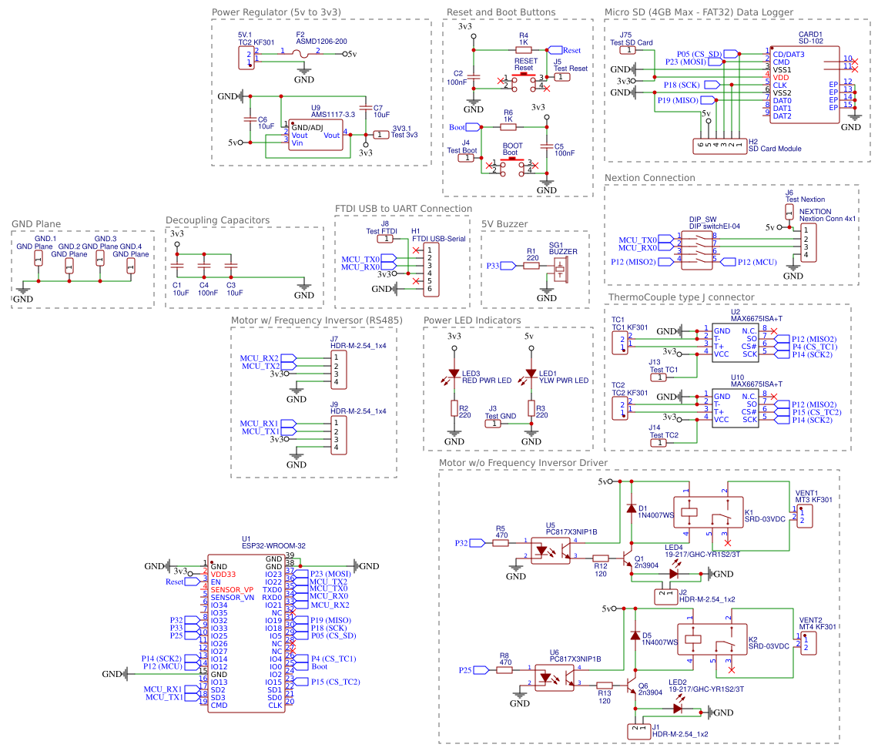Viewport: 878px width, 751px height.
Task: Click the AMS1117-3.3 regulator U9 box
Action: (316, 135)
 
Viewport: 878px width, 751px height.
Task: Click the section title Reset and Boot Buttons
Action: (501, 12)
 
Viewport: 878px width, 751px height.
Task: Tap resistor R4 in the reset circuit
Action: (523, 49)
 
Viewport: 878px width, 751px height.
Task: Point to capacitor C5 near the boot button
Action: (547, 146)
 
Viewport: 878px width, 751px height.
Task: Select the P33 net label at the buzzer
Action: (494, 266)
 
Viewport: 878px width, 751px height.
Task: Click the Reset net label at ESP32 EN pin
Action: (176, 582)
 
